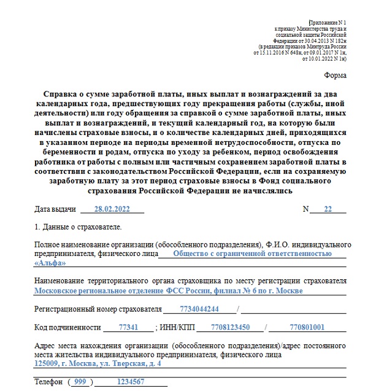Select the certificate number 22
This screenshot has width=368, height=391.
click(x=327, y=209)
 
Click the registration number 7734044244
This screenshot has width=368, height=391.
click(x=199, y=308)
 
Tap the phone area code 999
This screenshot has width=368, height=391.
click(x=80, y=382)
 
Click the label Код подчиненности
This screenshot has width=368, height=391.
click(x=67, y=328)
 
